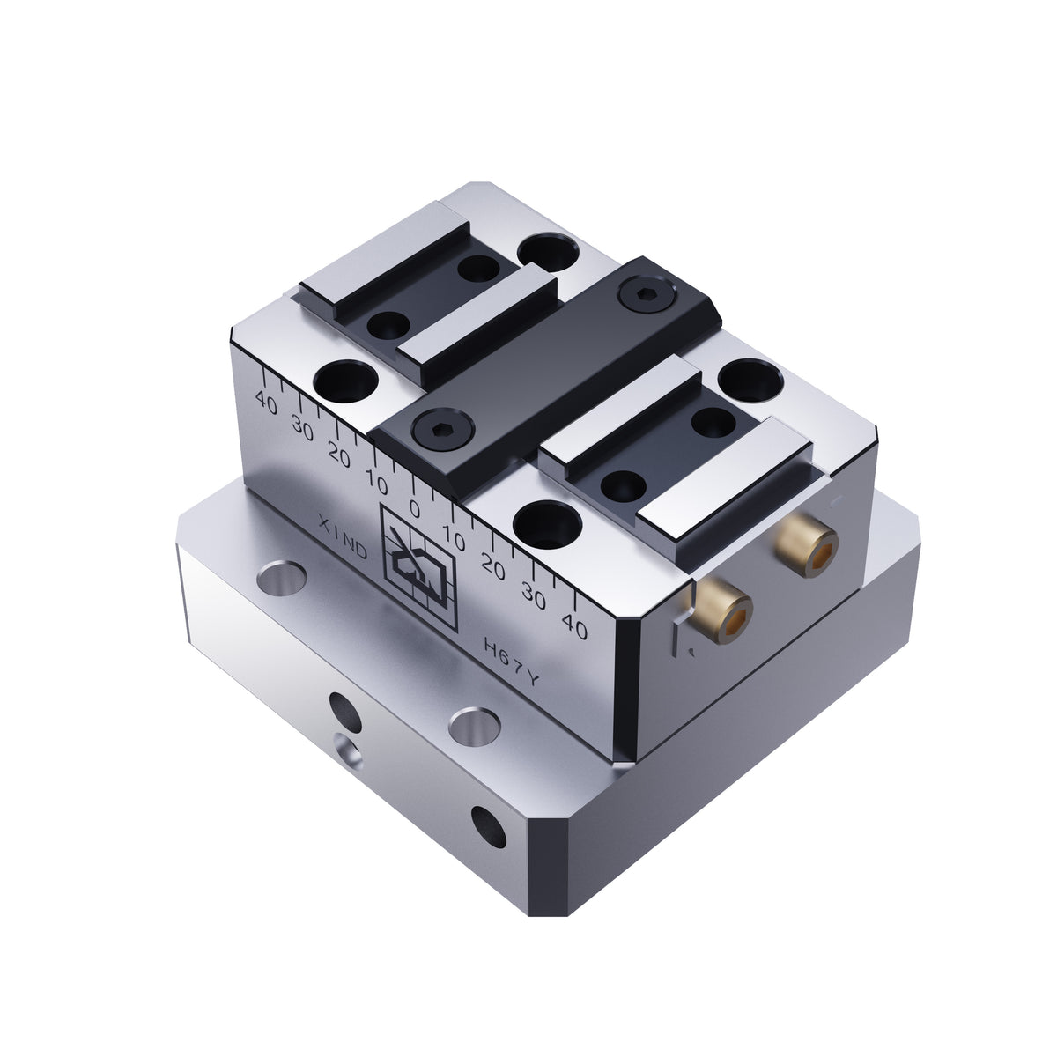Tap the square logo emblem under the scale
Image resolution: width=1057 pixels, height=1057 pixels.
(x=418, y=569)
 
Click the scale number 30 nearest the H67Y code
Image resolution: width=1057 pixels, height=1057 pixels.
(x=533, y=595)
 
